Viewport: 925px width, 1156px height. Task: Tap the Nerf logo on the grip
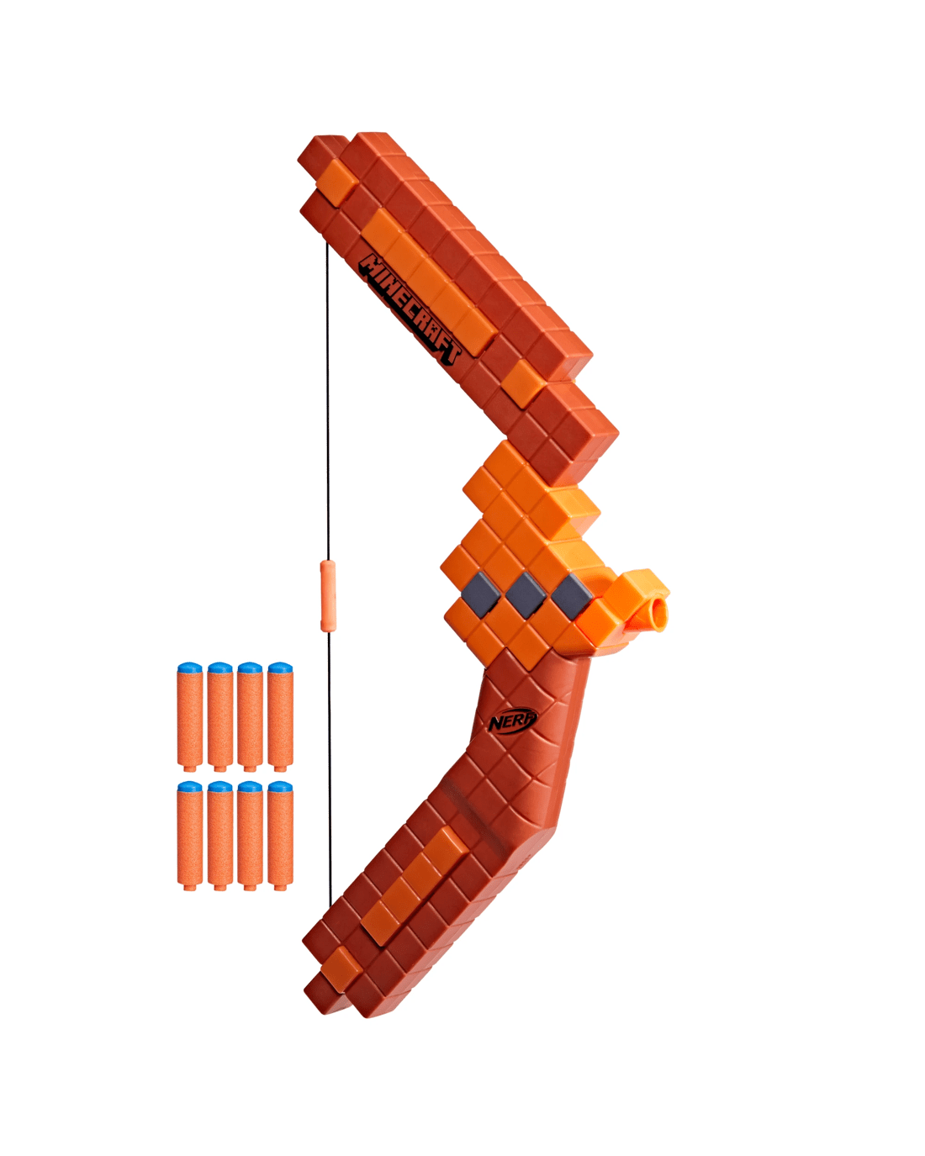[512, 721]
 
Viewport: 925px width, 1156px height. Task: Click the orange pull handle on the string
[328, 595]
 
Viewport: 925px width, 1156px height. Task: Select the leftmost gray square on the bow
[480, 592]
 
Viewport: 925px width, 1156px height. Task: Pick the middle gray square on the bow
[526, 594]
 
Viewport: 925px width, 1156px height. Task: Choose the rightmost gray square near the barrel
[572, 595]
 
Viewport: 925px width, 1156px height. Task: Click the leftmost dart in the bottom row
[190, 836]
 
